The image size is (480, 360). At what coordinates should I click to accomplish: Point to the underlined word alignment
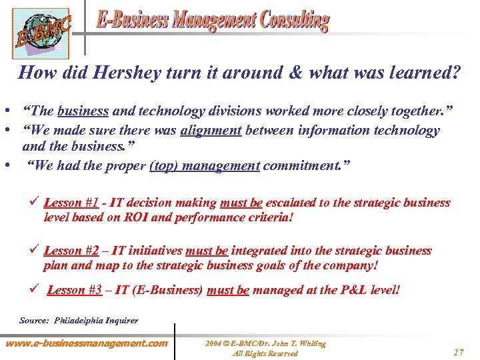click(210, 130)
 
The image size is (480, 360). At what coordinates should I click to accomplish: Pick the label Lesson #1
click(72, 203)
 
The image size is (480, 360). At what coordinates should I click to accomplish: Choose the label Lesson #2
click(72, 251)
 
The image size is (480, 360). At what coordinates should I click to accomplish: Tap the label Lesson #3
click(75, 290)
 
